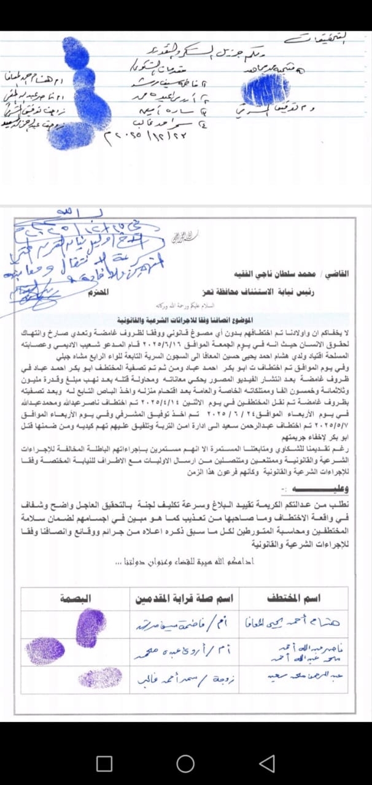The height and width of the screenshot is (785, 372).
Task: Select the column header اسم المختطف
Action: [x=293, y=597]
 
